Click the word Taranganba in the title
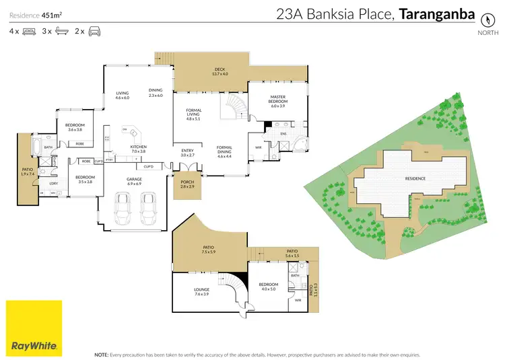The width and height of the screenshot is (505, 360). pyautogui.click(x=437, y=14)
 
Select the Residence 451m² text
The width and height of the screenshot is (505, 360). pyautogui.click(x=34, y=14)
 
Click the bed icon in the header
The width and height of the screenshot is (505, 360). pyautogui.click(x=29, y=31)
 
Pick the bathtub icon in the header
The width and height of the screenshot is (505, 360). pyautogui.click(x=61, y=31)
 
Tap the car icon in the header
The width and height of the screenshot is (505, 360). pyautogui.click(x=94, y=31)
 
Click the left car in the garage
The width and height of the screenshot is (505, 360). pyautogui.click(x=123, y=209)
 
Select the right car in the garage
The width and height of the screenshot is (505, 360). pyautogui.click(x=147, y=209)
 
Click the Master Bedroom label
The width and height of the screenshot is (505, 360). pyautogui.click(x=278, y=100)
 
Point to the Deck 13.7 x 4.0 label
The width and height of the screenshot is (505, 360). pyautogui.click(x=220, y=71)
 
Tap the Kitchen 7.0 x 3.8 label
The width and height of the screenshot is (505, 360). pyautogui.click(x=139, y=149)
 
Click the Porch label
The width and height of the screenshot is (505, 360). pyautogui.click(x=187, y=183)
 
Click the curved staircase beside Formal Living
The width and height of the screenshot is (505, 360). pyautogui.click(x=236, y=106)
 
